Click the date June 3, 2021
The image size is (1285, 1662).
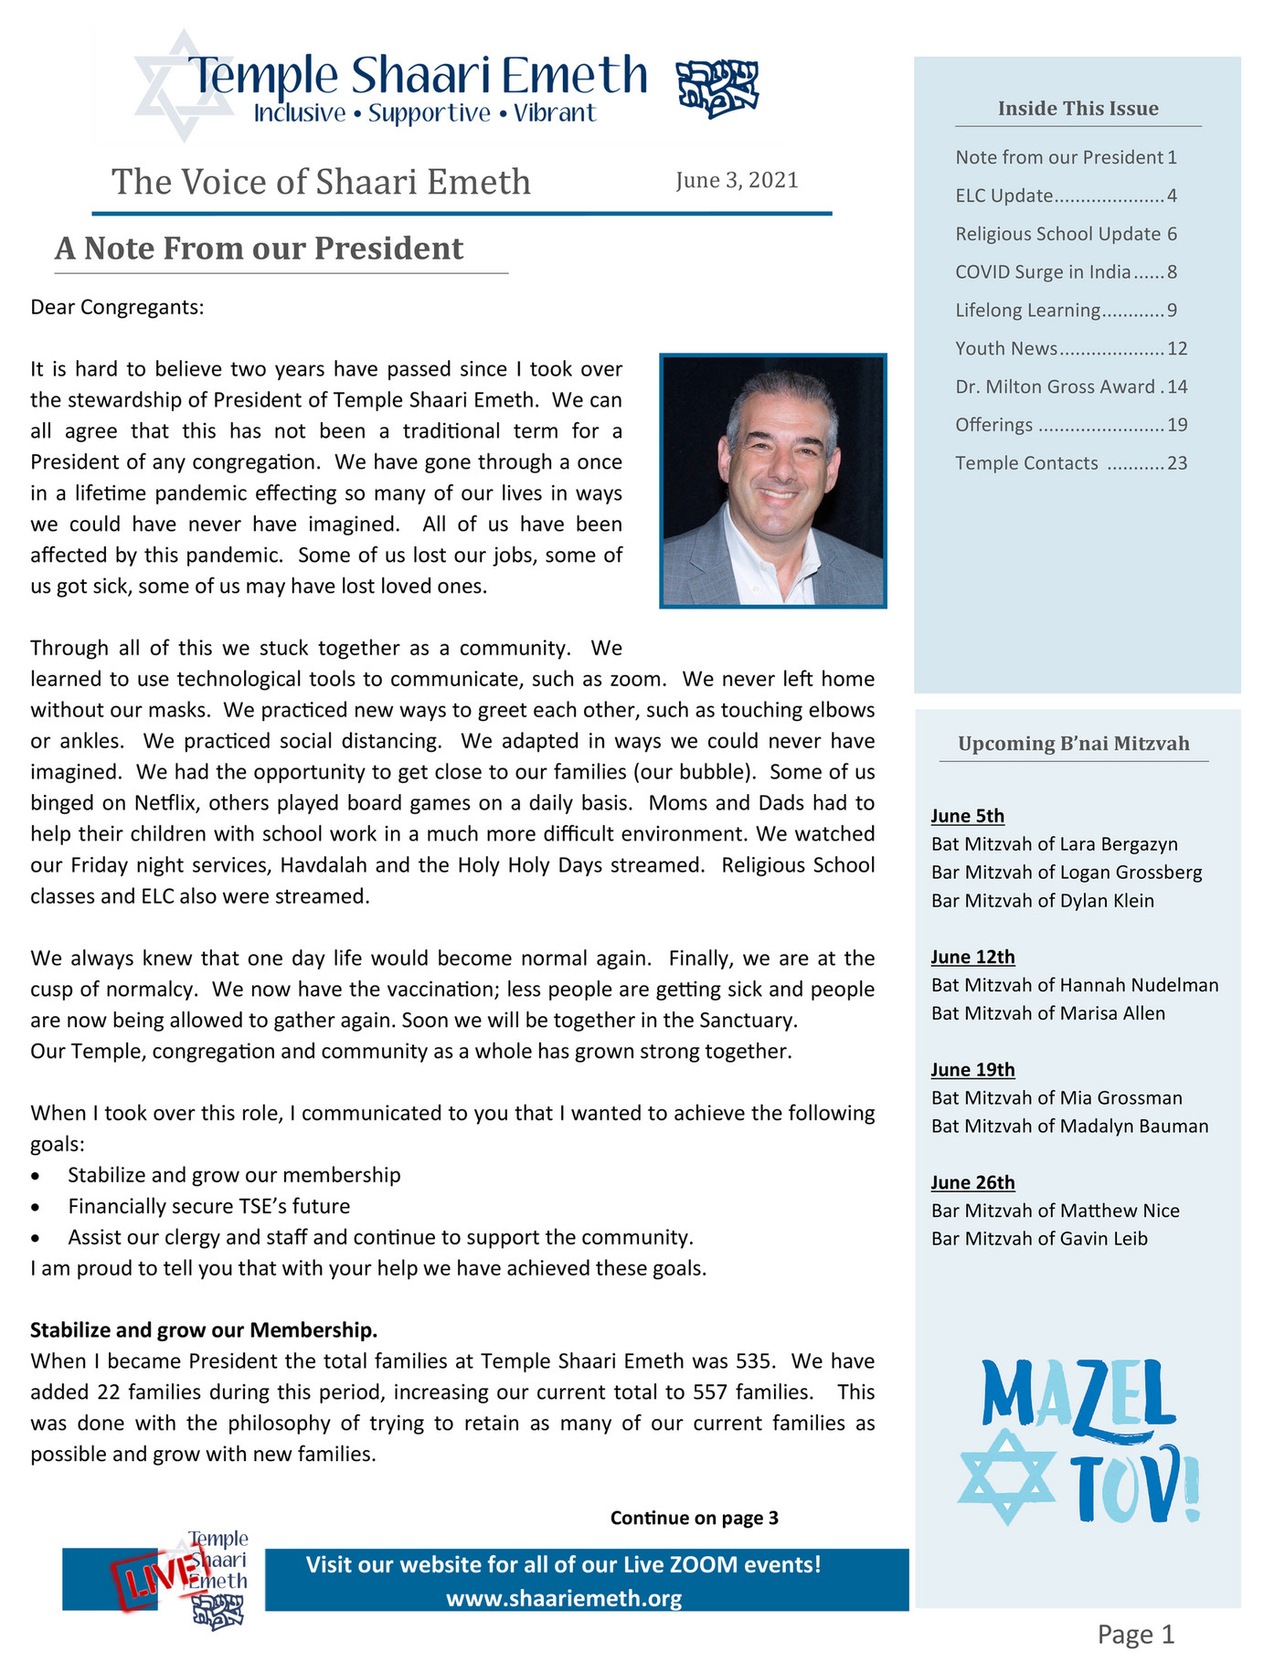pos(737,180)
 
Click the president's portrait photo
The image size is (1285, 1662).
pos(772,481)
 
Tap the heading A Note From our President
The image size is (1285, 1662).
pos(260,249)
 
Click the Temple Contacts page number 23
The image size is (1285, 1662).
pos(1177,463)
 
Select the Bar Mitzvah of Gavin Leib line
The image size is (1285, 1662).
pos(1039,1239)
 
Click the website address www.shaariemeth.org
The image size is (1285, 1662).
pos(564,1598)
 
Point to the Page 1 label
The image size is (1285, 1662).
pos(1135,1634)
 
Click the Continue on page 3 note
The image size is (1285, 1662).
pos(694,1518)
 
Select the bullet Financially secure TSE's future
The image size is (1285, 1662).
pos(208,1206)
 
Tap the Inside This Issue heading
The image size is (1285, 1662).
pos(1078,109)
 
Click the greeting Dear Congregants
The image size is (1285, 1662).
pos(117,307)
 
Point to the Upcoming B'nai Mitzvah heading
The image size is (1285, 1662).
pos(1073,744)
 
